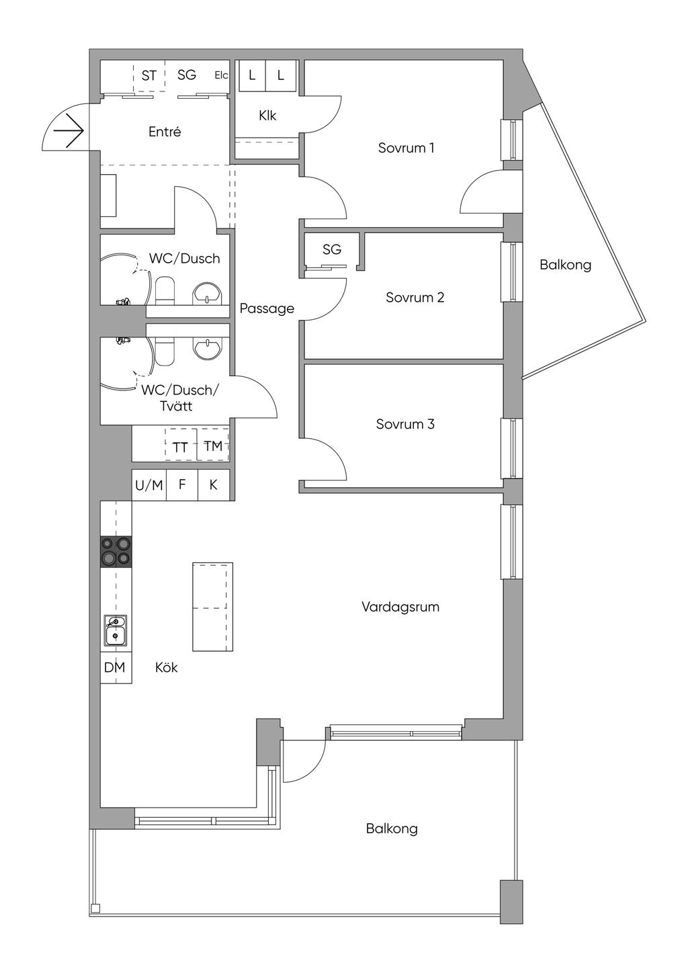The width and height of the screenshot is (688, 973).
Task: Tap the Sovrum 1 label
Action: (406, 148)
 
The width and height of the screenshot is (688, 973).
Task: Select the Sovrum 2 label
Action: (415, 298)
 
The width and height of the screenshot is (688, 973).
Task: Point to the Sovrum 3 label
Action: (405, 424)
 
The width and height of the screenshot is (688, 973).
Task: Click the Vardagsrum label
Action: (400, 607)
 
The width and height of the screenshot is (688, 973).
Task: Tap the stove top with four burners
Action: (116, 552)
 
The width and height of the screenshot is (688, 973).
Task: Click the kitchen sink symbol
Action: (115, 631)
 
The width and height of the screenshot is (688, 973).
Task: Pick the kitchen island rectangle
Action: (213, 607)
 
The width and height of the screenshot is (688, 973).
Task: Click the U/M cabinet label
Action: (149, 485)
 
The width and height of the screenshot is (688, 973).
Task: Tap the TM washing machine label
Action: (213, 446)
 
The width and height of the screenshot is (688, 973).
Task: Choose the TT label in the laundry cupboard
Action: (180, 448)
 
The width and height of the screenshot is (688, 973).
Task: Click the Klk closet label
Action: (267, 116)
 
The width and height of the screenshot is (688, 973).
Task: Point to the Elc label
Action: (221, 75)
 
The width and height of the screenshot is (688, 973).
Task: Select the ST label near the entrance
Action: (149, 76)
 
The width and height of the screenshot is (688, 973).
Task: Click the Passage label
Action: (267, 309)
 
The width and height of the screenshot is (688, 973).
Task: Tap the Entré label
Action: (165, 131)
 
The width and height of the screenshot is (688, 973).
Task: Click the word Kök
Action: (167, 667)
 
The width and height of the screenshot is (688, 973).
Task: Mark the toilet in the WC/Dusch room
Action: (165, 290)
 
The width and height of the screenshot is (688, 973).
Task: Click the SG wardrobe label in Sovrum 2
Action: (332, 249)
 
